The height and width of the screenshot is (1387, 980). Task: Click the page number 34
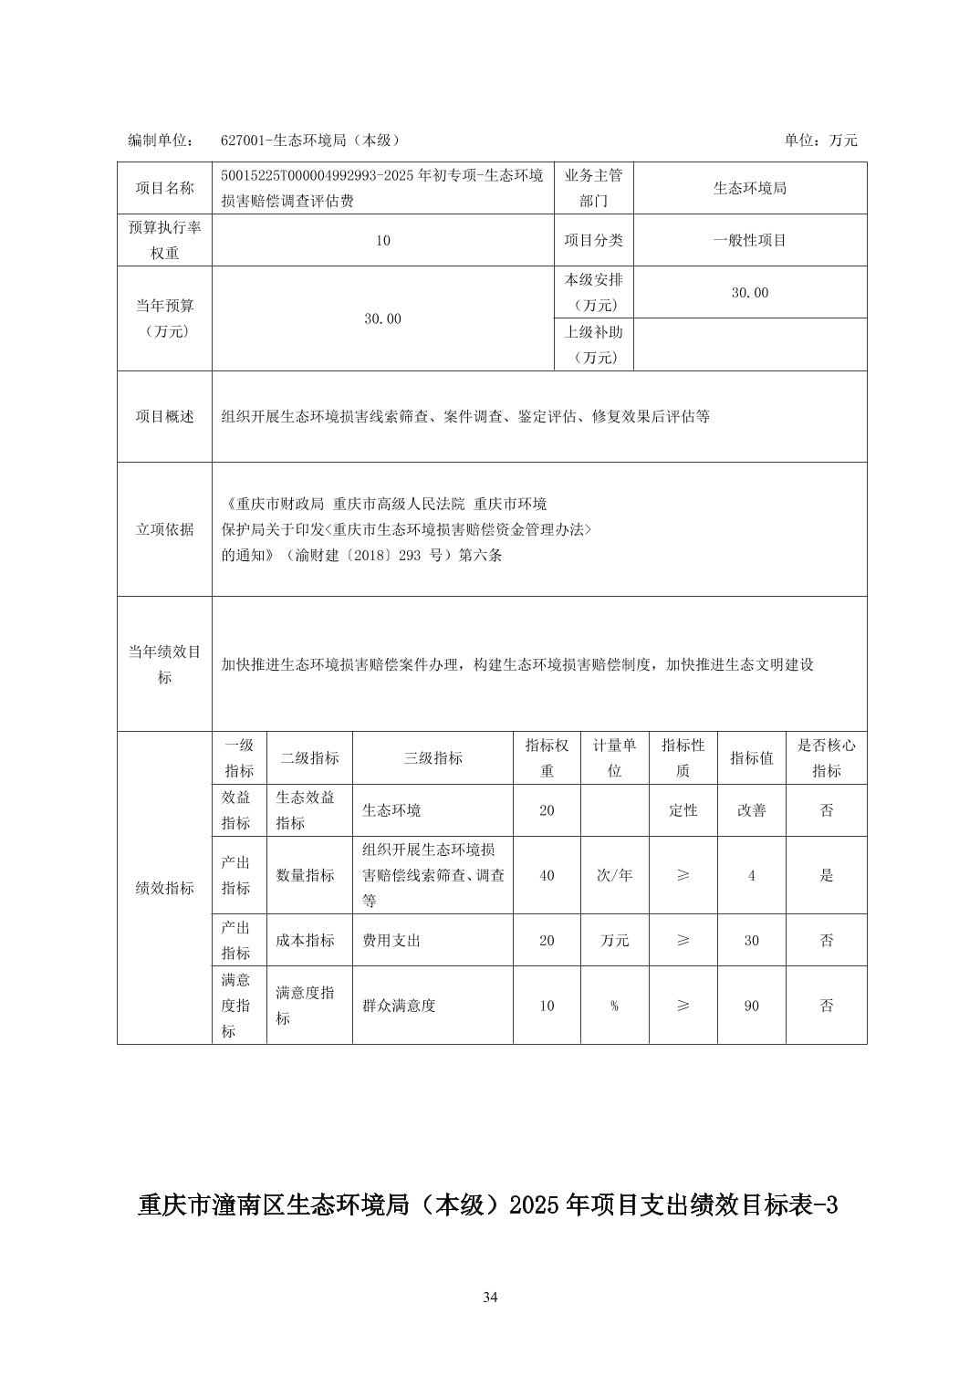pos(490,1298)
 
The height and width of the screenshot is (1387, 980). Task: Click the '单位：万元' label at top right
pos(820,141)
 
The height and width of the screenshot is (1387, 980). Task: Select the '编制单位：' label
pos(161,141)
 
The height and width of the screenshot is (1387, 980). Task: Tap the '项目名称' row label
pos(165,188)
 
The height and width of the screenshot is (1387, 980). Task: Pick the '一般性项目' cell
pos(750,240)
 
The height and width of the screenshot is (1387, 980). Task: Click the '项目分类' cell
pos(594,240)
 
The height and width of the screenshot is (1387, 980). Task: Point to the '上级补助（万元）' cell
pos(594,344)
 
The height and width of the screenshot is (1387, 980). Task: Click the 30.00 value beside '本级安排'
pos(750,292)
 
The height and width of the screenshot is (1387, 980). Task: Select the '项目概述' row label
pos(165,416)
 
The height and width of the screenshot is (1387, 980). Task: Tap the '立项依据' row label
pos(165,529)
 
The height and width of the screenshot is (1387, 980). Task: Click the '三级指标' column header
pos(433,757)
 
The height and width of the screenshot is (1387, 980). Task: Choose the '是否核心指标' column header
pos(826,757)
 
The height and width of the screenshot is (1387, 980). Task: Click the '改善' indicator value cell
pos(751,810)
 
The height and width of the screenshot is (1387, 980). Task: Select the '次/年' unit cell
pos(614,875)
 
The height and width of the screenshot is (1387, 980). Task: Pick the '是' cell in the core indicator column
pos(826,875)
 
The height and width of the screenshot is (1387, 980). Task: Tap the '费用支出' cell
pos(391,940)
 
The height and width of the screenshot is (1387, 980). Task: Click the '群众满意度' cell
pos(399,1006)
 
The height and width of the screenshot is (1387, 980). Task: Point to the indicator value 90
pos(751,1006)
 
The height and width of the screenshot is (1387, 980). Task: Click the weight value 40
pos(547,875)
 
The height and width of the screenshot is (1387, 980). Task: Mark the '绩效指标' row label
pos(165,888)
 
